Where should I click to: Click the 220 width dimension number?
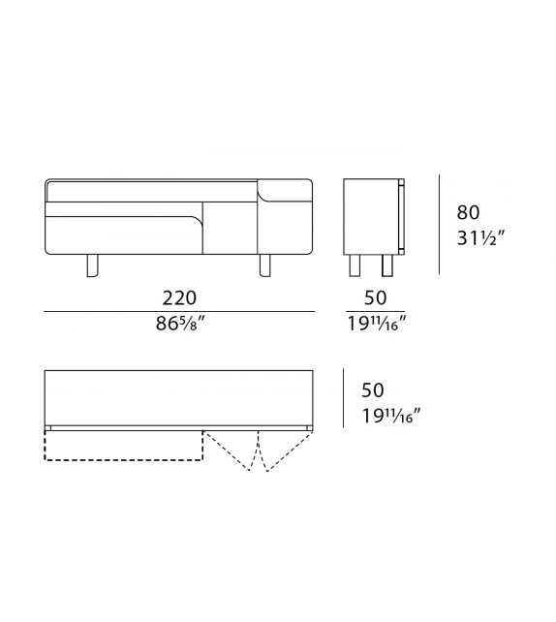180,296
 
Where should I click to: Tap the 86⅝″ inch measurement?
180,326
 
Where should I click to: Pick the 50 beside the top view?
372,390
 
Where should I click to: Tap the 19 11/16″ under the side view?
375,326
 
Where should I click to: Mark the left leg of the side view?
355,265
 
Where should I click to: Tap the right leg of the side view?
387,265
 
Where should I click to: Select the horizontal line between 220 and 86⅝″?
180,311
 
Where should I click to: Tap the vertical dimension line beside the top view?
343,398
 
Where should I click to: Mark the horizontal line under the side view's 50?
375,311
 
